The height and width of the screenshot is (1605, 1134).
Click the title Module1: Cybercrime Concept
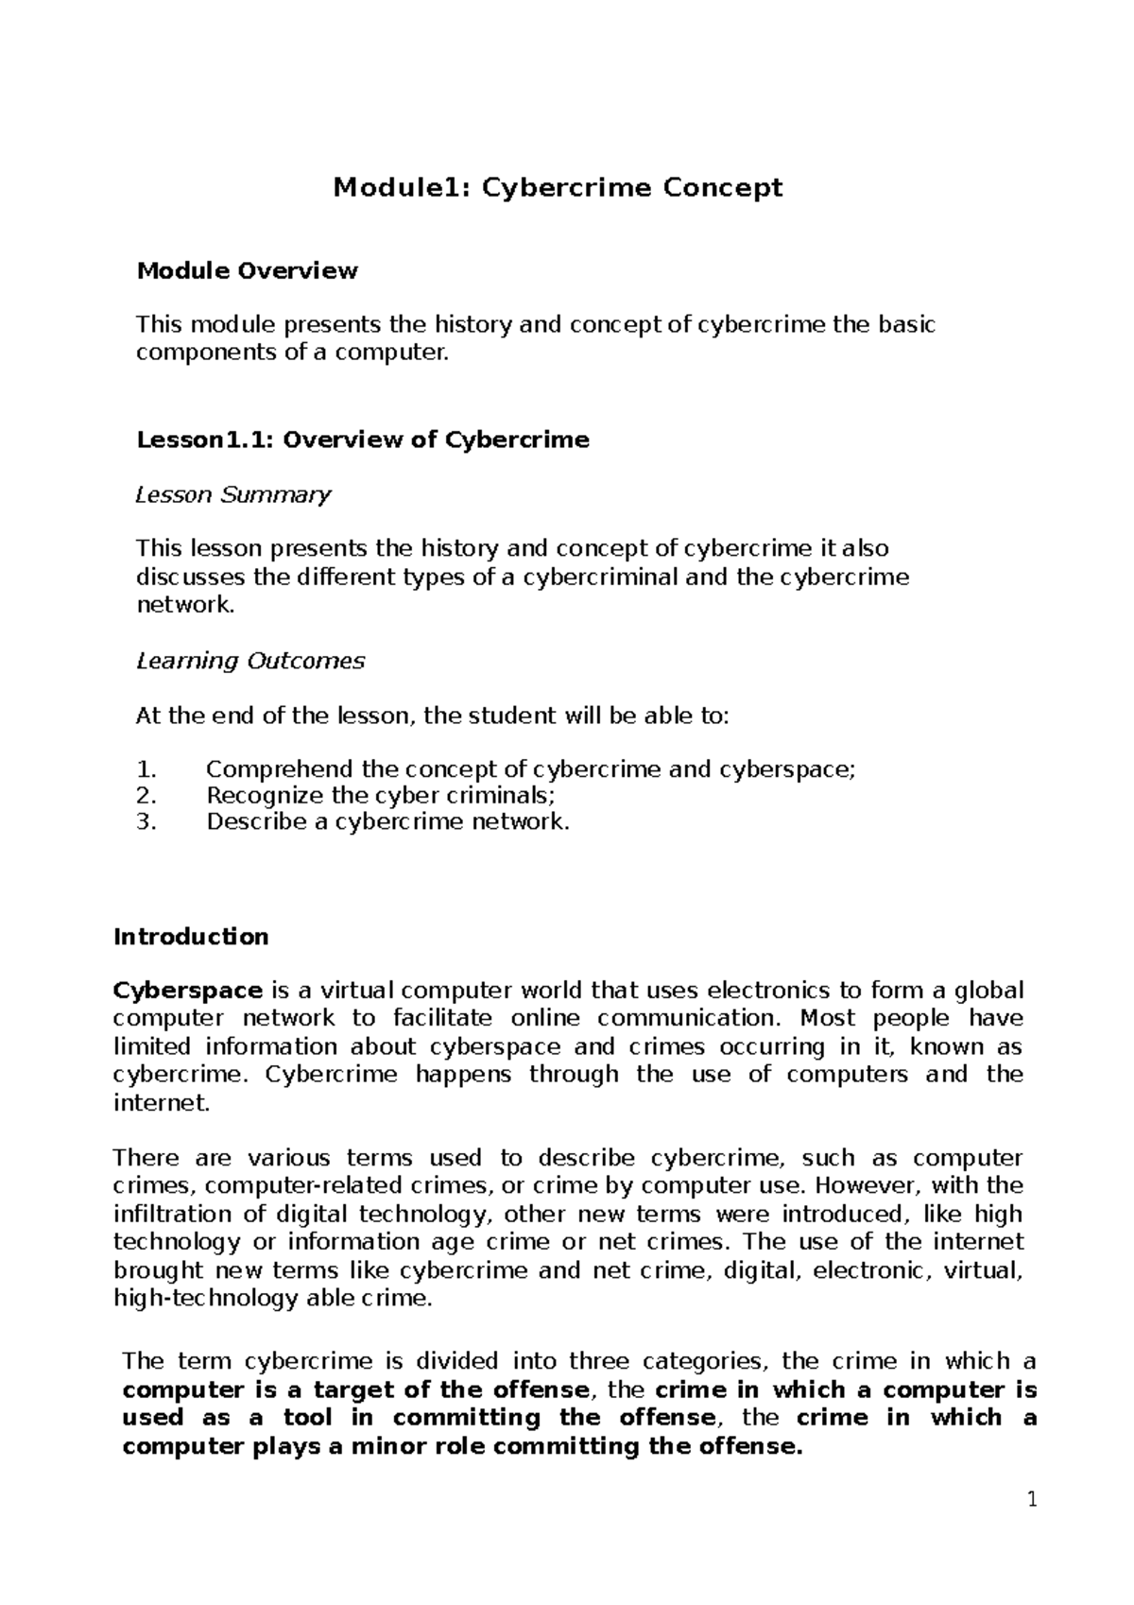coord(558,188)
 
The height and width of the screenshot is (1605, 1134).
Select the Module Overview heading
coord(248,271)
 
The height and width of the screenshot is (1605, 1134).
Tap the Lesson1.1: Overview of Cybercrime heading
coord(363,440)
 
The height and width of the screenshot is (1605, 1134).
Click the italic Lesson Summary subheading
coord(233,494)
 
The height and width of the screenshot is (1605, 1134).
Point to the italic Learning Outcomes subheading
coord(250,661)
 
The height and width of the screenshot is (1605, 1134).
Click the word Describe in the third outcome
coord(253,821)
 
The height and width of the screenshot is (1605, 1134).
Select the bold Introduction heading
coord(191,937)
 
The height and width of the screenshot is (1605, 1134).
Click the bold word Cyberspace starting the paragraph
coord(187,991)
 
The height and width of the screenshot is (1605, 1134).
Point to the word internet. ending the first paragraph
coord(160,1102)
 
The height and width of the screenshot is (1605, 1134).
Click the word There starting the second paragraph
coord(142,1158)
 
